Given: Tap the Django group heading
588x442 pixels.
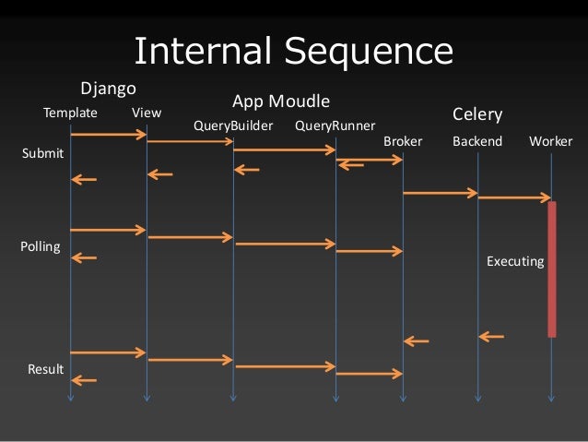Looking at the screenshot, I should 109,89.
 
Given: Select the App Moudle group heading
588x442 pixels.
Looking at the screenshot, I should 281,101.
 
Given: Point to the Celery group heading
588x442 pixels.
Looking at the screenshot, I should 477,114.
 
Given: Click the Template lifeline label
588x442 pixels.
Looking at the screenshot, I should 71,113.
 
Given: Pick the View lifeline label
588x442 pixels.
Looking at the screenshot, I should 147,113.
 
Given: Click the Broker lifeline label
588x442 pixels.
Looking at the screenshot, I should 403,142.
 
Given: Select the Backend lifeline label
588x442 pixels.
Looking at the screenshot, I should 477,142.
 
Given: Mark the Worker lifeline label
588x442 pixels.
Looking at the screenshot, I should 551,142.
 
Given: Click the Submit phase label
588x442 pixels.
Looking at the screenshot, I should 42,153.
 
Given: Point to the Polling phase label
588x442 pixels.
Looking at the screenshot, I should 41,247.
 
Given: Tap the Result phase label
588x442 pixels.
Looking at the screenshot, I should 45,370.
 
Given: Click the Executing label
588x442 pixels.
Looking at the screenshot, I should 515,262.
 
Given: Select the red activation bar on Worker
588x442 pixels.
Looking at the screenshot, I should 552,269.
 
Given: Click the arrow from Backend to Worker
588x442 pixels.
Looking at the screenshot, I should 514,197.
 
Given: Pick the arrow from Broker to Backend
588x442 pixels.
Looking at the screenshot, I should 440,193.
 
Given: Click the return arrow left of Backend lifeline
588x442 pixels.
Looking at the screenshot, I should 491,337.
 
